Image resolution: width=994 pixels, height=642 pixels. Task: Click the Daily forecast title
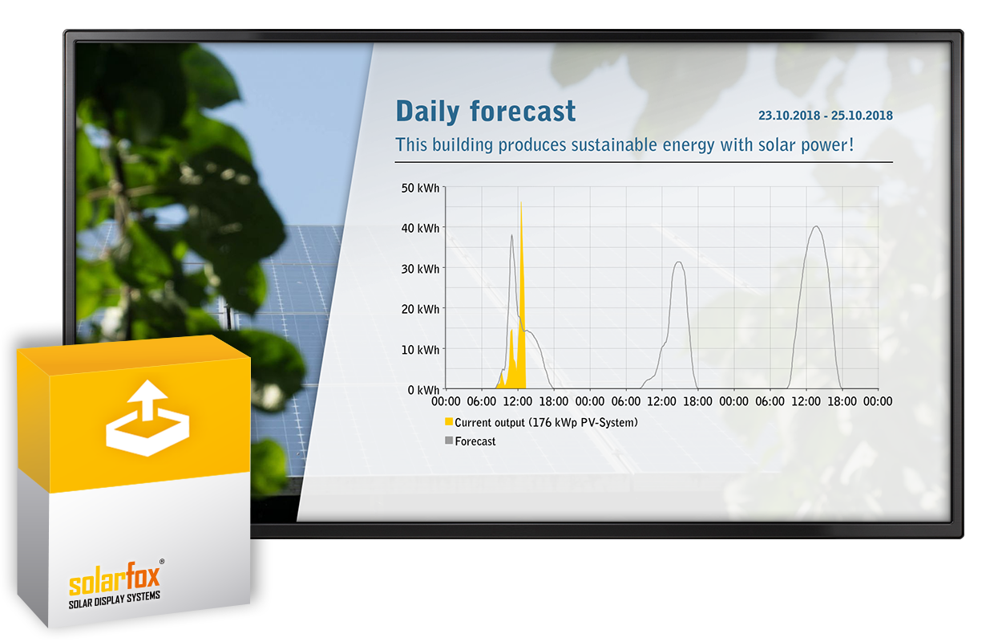click(x=486, y=111)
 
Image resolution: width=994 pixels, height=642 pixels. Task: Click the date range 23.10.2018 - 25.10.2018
click(x=825, y=116)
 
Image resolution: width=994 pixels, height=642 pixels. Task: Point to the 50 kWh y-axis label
click(x=420, y=189)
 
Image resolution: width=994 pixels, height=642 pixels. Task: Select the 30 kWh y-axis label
click(x=420, y=270)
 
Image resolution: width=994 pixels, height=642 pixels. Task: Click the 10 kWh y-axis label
click(x=420, y=350)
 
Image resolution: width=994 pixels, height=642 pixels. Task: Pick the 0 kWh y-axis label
click(x=423, y=390)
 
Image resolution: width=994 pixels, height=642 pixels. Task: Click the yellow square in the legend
click(x=449, y=421)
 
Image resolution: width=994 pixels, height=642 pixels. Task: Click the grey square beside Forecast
click(x=449, y=441)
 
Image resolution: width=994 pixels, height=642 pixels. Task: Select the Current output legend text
click(x=546, y=423)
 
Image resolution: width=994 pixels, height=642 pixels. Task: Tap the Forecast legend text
click(x=475, y=441)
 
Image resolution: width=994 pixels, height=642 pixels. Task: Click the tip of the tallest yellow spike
click(x=521, y=202)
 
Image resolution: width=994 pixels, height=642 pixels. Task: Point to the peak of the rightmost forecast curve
click(x=816, y=226)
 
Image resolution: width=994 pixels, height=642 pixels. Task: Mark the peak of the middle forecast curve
click(x=678, y=262)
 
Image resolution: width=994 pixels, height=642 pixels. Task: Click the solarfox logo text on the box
click(x=114, y=579)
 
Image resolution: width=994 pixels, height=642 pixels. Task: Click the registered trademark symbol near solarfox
click(x=162, y=562)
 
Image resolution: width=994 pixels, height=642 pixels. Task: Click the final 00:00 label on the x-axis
click(x=877, y=401)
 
